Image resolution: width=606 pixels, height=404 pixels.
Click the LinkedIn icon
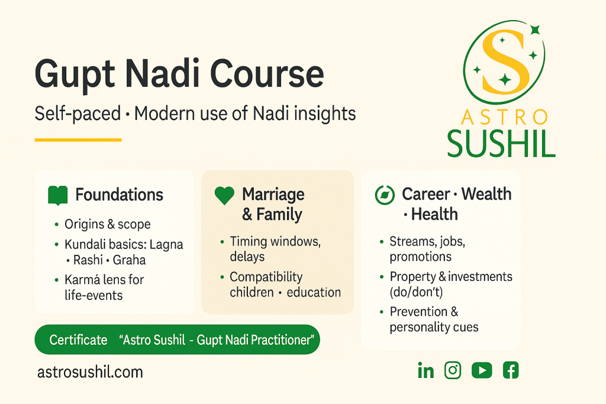(426, 371)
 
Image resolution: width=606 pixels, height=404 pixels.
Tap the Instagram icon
(453, 370)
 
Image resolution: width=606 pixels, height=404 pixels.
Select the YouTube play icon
(482, 370)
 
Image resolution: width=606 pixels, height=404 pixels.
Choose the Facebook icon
(510, 370)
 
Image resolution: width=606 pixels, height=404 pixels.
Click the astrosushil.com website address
(90, 372)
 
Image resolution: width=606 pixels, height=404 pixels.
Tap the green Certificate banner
(178, 340)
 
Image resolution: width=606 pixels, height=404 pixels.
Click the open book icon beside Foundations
(57, 195)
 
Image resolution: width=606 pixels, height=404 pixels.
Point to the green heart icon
(224, 196)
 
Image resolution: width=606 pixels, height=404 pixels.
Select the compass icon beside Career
(385, 195)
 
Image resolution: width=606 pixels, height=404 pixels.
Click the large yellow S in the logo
(504, 62)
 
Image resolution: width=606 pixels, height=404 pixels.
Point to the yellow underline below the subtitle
(78, 140)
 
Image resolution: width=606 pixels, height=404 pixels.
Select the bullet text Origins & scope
(108, 224)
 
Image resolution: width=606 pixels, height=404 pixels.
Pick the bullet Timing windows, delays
(266, 248)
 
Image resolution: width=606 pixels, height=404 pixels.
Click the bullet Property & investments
(450, 277)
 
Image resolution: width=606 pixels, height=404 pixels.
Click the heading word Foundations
(119, 195)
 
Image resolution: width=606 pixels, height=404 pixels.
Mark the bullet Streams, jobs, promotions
(428, 248)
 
